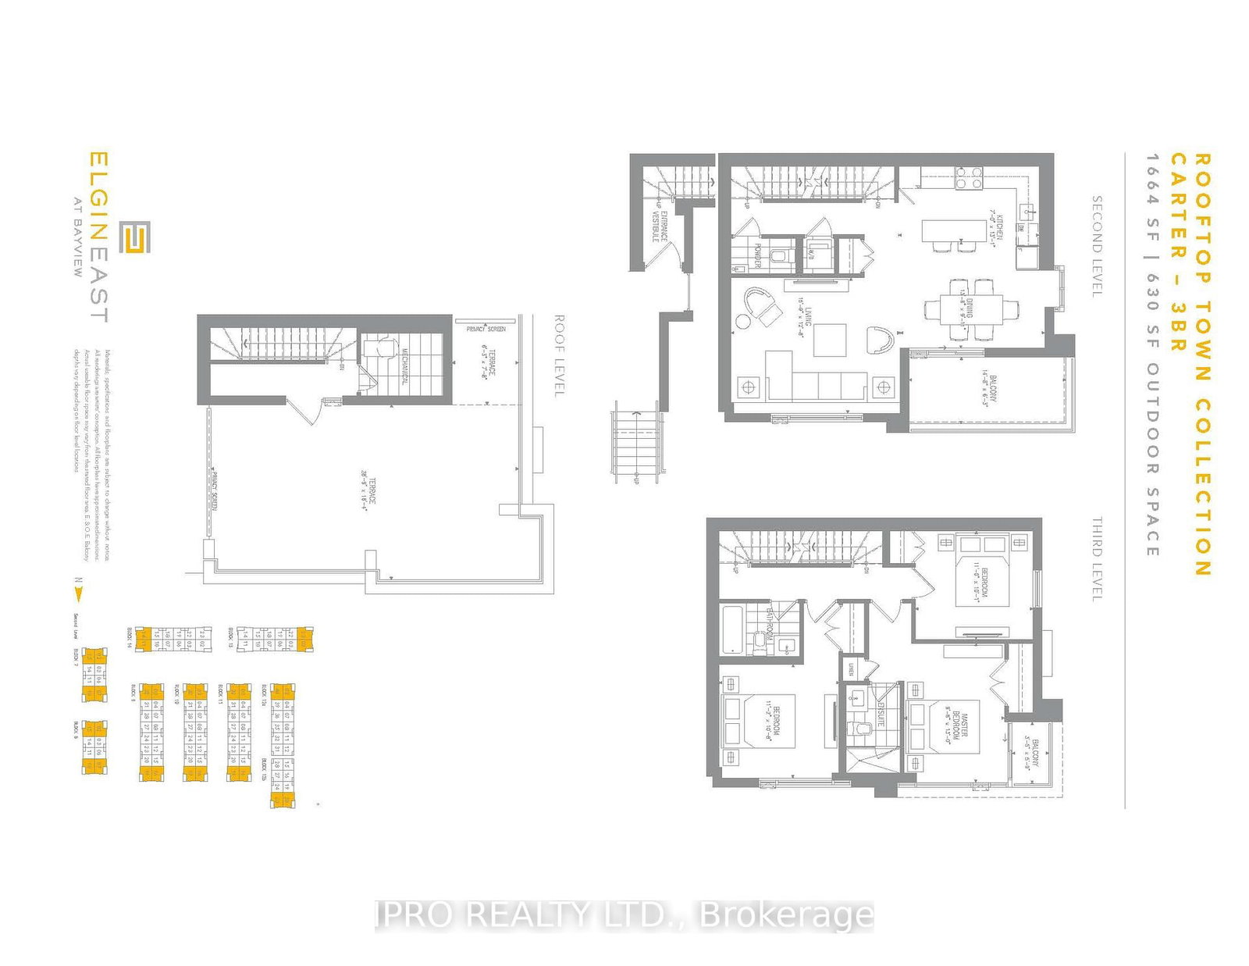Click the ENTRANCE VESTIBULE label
660,226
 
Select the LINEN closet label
851,669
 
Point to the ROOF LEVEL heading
559,355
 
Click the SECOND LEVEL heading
1096,246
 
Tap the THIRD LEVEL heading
1096,558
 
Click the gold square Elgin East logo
135,237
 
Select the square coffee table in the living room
830,340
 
